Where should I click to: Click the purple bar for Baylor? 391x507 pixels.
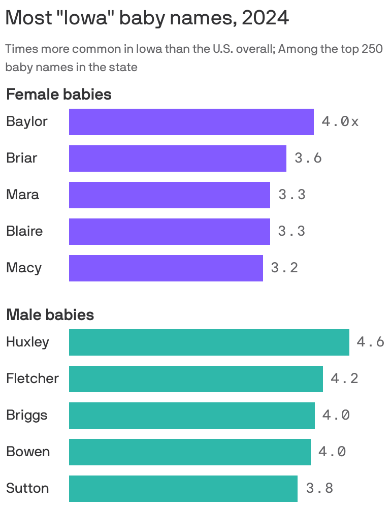point(191,122)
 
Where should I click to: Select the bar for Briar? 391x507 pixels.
point(178,159)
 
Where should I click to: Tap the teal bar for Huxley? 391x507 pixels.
point(209,342)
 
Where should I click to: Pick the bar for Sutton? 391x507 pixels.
point(183,489)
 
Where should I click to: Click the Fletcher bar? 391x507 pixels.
point(195,379)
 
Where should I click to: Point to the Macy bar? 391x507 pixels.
point(166,268)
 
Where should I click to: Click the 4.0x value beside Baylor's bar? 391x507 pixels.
point(340,122)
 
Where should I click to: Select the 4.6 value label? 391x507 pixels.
point(370,342)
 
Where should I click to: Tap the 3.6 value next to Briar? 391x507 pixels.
point(308,159)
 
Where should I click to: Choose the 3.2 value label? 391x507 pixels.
point(284,268)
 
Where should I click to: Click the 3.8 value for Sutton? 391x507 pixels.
point(319,489)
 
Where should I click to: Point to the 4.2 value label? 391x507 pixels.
point(344,379)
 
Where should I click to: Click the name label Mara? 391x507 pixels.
point(22,195)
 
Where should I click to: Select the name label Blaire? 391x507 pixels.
point(24,231)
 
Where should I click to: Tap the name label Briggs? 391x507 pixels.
point(26,415)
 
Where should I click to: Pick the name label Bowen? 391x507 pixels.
point(28,452)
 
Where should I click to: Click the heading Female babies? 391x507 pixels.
point(58,94)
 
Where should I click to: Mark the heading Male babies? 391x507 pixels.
point(50,315)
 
